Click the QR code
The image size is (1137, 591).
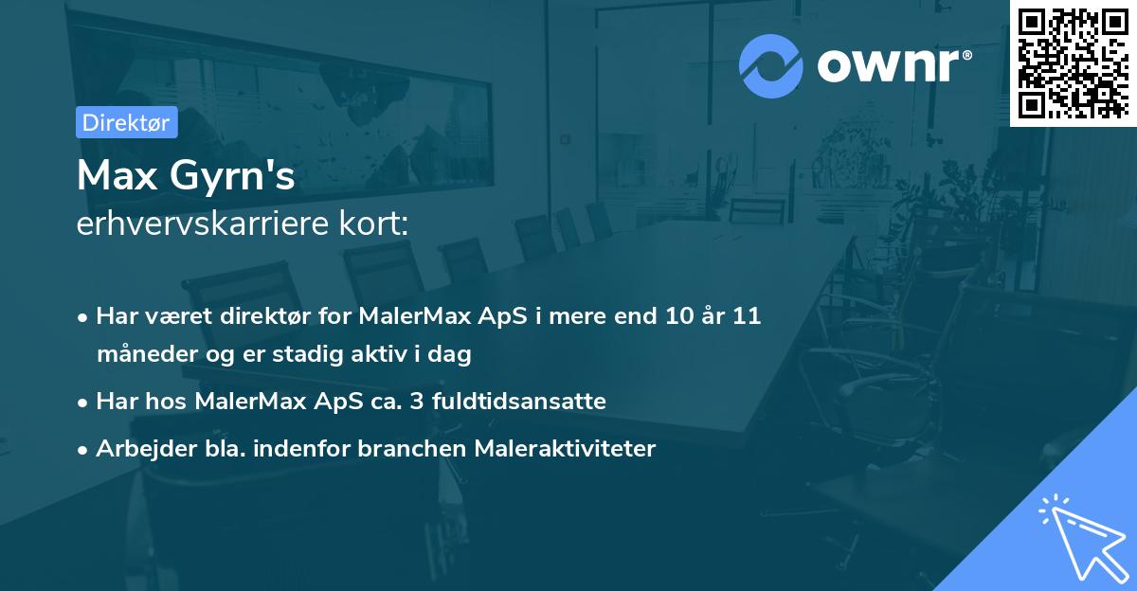pos(1073,63)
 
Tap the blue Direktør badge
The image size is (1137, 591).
pos(126,122)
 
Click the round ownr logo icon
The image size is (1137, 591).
pos(771,65)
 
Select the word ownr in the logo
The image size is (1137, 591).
pos(893,65)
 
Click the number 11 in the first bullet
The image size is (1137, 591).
pos(748,316)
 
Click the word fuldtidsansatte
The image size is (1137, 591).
pos(519,402)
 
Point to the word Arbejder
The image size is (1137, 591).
pos(138,449)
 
